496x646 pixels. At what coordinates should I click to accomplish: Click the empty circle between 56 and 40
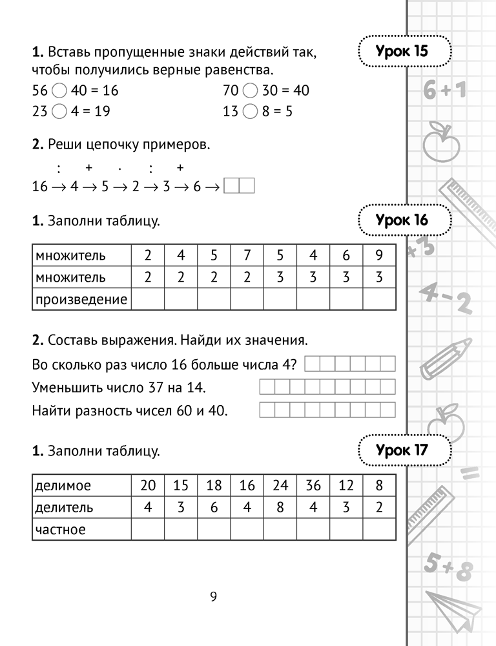(58, 90)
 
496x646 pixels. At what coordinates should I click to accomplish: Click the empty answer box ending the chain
(238, 187)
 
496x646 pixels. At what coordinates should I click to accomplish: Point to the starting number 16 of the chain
(40, 187)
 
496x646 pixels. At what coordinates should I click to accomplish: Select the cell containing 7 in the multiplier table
(247, 255)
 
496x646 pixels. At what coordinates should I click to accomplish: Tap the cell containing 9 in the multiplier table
(378, 255)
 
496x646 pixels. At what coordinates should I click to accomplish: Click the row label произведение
(81, 299)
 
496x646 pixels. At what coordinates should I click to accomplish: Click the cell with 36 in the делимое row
(313, 485)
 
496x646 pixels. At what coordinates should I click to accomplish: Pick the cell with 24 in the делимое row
(280, 485)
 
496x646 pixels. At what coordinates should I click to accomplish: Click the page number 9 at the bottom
(213, 596)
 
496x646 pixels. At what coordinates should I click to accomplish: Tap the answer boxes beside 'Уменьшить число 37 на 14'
(327, 388)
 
